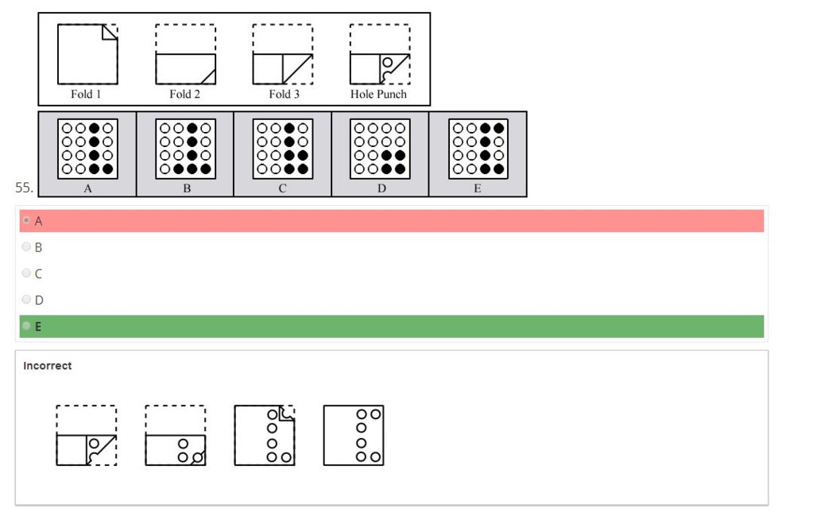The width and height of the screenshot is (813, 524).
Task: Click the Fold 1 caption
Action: click(x=86, y=94)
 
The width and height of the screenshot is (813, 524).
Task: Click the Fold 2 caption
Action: click(x=184, y=94)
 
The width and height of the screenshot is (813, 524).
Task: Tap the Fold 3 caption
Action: click(x=282, y=94)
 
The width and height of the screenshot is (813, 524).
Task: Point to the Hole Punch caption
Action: click(x=378, y=94)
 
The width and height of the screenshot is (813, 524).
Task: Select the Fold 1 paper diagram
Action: click(x=87, y=54)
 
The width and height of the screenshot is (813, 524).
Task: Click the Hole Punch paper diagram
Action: click(x=380, y=54)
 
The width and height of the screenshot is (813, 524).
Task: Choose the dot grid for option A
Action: click(x=87, y=148)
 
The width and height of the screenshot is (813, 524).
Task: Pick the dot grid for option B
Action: click(x=185, y=148)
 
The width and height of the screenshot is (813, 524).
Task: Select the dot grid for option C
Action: click(x=283, y=148)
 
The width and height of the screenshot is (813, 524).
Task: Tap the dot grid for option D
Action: click(x=380, y=148)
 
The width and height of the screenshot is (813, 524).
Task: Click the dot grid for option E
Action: click(x=478, y=148)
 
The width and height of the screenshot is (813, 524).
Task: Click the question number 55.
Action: click(x=23, y=188)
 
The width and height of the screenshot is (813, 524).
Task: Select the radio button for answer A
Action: click(x=27, y=220)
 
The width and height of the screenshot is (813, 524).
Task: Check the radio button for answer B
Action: click(x=27, y=247)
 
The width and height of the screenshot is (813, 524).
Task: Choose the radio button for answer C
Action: click(x=27, y=274)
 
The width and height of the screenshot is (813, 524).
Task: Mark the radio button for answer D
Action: click(x=27, y=300)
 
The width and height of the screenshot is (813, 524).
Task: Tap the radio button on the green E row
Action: click(x=27, y=326)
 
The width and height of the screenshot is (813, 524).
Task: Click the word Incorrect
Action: click(x=48, y=366)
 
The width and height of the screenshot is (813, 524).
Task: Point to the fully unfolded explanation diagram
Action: click(x=354, y=435)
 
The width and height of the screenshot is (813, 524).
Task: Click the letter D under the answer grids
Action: click(x=380, y=189)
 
